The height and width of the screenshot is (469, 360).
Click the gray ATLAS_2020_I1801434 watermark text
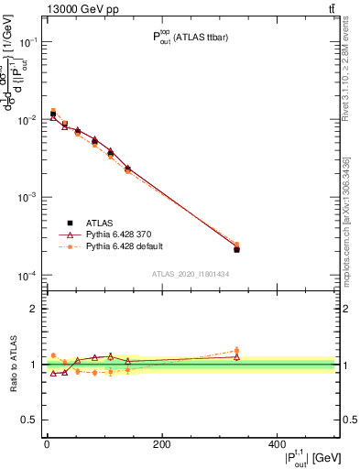(190, 274)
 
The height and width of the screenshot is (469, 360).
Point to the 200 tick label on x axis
(161, 442)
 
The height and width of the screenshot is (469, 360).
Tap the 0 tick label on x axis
(47, 442)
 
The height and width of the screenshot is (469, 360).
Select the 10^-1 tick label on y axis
(28, 42)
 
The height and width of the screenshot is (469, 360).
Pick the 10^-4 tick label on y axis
(28, 276)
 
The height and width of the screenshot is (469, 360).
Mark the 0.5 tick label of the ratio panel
(30, 420)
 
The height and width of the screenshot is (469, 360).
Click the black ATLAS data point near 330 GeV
(236, 249)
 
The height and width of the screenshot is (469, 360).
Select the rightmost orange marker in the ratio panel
(236, 350)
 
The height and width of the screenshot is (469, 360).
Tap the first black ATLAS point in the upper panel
(53, 114)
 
